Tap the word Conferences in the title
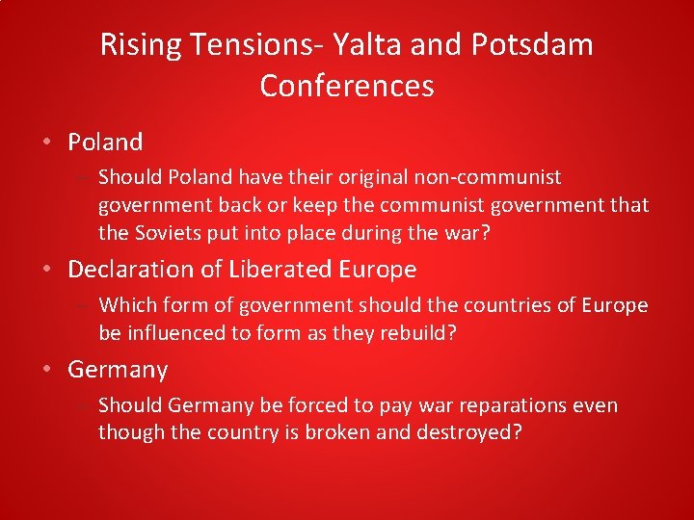pyautogui.click(x=347, y=87)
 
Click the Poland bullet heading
pyautogui.click(x=105, y=143)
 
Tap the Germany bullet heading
pyautogui.click(x=118, y=370)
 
